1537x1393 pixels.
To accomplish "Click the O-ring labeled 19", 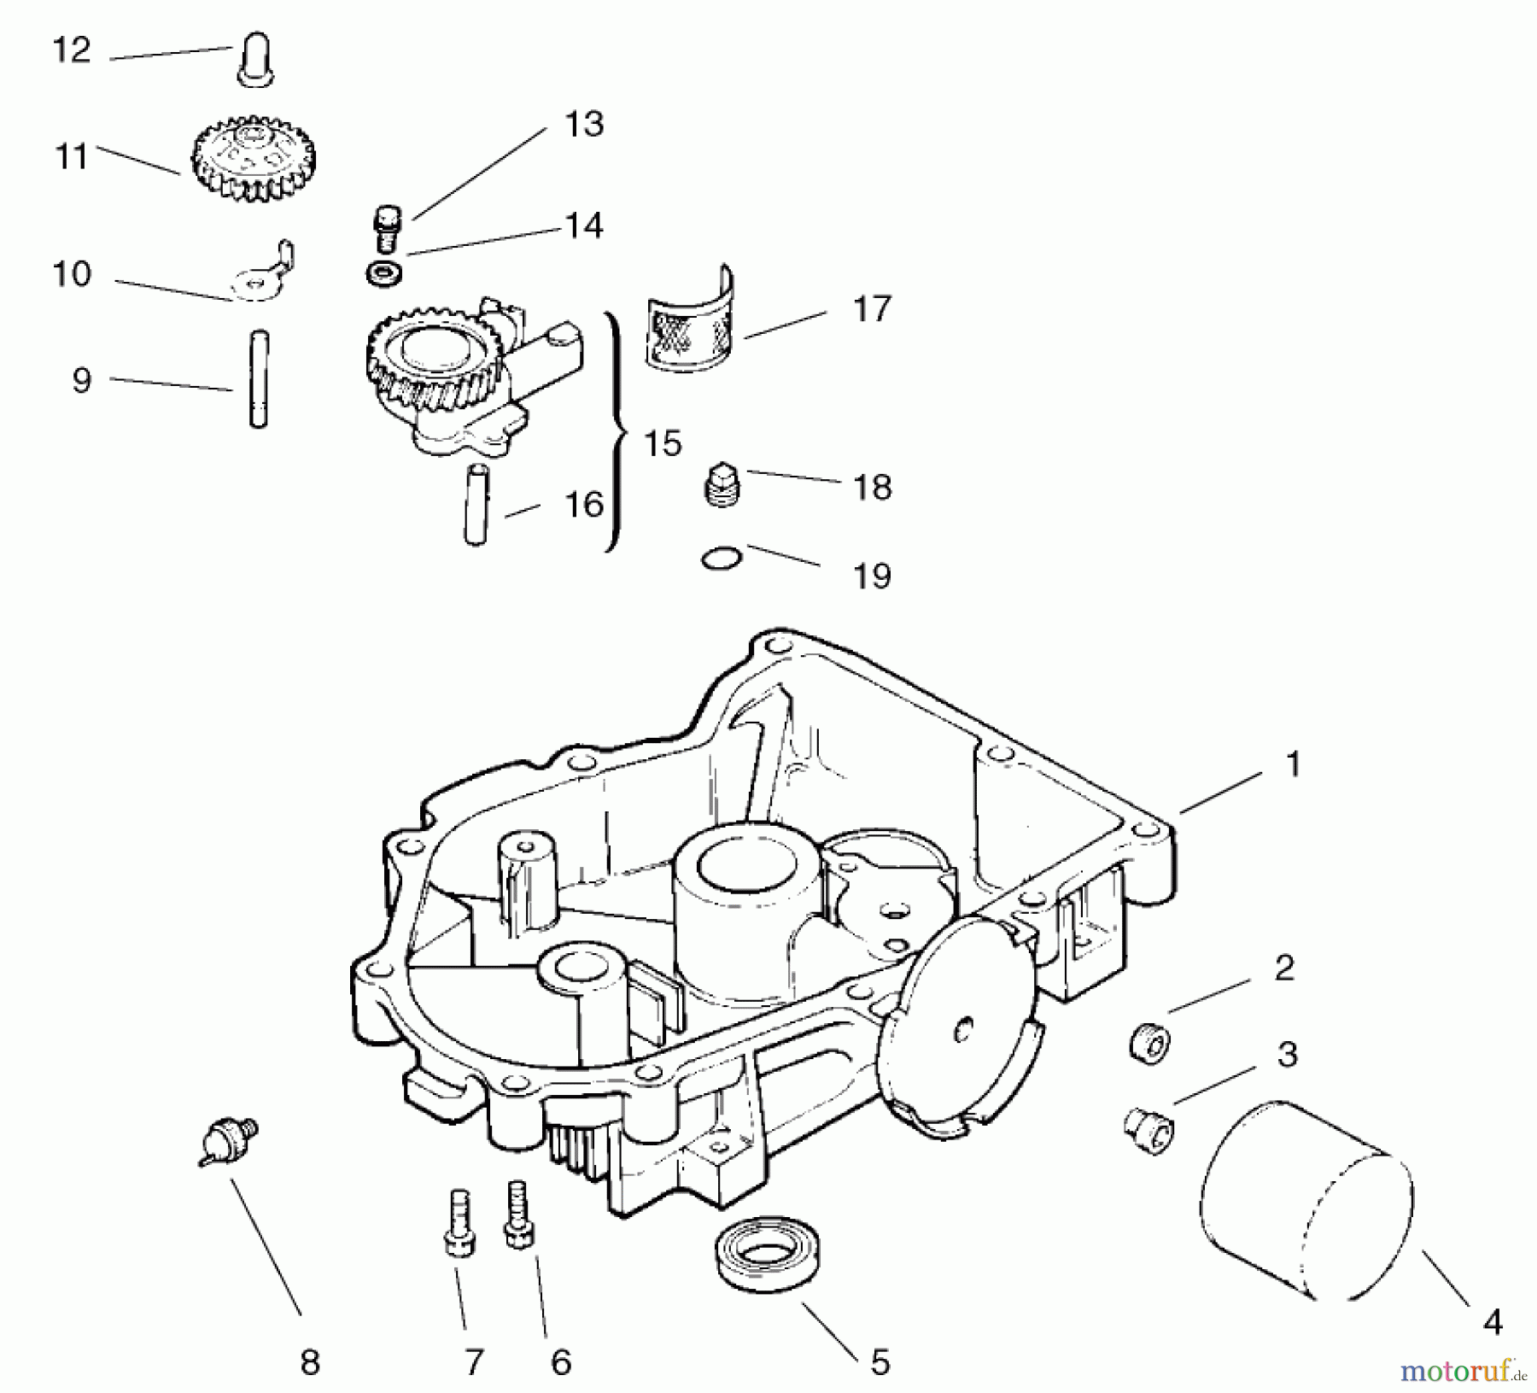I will coord(722,559).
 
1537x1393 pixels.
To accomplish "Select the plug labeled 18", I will coord(724,487).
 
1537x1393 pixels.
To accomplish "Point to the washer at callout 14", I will coord(383,275).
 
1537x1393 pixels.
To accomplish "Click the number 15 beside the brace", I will coord(663,443).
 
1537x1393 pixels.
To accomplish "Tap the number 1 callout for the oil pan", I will coord(1293,764).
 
